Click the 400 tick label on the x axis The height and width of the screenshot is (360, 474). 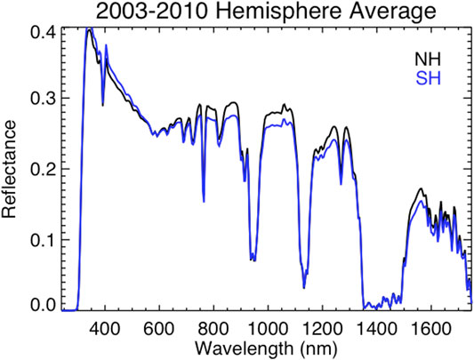[x=105, y=325]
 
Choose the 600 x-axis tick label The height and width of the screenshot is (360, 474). [x=160, y=325]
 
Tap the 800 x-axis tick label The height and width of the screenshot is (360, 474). [x=215, y=325]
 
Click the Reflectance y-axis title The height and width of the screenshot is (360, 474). [x=12, y=168]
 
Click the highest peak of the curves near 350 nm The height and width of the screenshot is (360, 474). [x=90, y=29]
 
